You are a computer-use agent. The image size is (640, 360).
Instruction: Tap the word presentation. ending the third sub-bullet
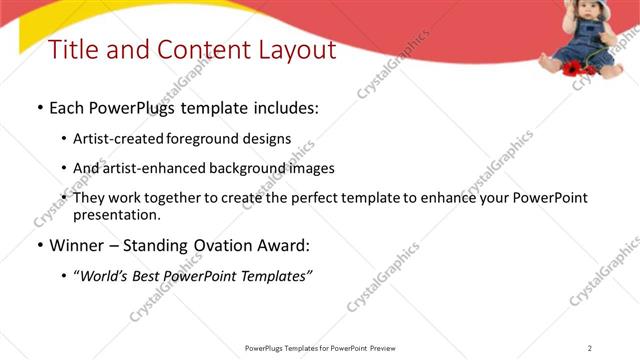point(117,214)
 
